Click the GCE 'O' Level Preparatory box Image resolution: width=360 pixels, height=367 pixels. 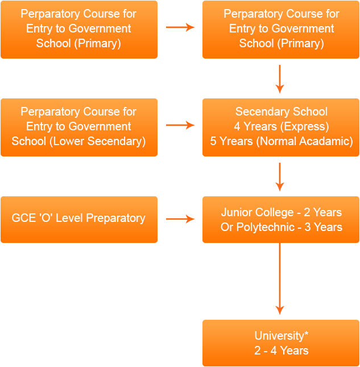(78, 219)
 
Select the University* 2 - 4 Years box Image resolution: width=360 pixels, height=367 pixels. (281, 343)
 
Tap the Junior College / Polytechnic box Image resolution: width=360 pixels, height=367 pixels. (281, 219)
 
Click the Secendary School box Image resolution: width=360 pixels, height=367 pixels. (281, 127)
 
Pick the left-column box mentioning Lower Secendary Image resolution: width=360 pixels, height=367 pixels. (78, 127)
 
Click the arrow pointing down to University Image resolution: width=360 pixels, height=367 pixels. (279, 279)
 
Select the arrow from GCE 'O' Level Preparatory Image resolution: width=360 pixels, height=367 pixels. (180, 219)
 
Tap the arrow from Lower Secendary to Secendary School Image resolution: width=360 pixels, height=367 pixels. (180, 125)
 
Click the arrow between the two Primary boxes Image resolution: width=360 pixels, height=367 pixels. (180, 27)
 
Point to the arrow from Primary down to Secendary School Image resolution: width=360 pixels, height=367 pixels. (279, 79)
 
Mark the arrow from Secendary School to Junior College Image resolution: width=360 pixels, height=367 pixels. (279, 176)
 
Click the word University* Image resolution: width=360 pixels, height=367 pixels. (281, 336)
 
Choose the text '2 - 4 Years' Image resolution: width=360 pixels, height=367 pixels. (281, 350)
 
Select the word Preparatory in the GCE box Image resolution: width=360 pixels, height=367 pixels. (115, 218)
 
